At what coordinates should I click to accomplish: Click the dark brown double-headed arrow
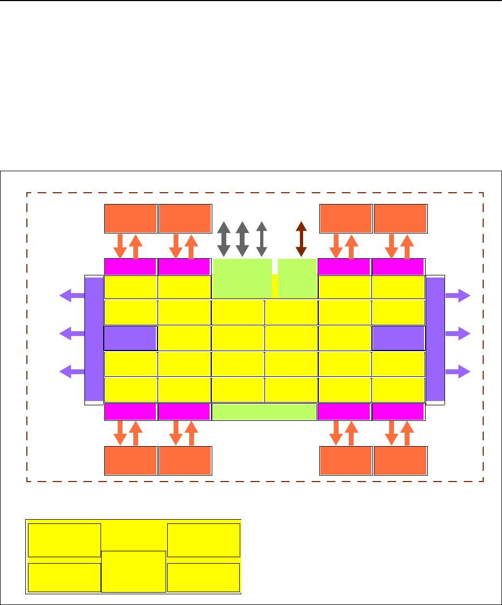tap(301, 239)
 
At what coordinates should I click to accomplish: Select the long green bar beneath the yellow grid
tap(264, 411)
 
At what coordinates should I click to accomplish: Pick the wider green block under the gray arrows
tap(242, 278)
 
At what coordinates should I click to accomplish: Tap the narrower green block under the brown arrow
tap(297, 278)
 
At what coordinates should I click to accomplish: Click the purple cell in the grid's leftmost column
tap(130, 338)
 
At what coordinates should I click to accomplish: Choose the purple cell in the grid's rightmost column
tap(398, 338)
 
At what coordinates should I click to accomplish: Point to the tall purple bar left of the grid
tap(94, 339)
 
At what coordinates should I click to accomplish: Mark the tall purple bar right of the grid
tap(435, 339)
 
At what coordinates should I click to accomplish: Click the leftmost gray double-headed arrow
tap(224, 239)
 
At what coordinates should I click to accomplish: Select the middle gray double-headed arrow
tap(242, 239)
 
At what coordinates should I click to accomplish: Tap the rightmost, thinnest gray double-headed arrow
tap(262, 239)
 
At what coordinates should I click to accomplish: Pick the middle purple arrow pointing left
tap(71, 333)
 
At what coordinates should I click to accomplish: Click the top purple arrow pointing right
tap(458, 295)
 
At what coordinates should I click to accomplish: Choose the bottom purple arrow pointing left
tap(71, 371)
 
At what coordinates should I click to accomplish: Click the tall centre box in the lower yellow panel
tap(133, 571)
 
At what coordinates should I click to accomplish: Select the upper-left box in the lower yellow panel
tap(64, 540)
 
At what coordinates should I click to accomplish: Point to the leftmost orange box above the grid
tap(131, 218)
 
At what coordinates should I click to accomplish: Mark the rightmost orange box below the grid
tap(400, 461)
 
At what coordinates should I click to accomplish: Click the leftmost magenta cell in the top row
tap(130, 267)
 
